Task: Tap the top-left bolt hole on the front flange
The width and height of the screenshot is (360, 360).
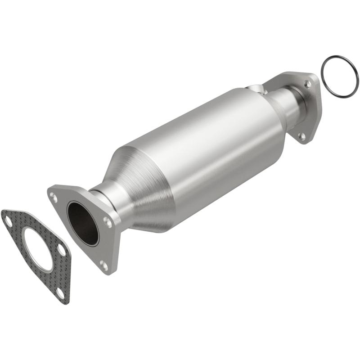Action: pyautogui.click(x=54, y=196)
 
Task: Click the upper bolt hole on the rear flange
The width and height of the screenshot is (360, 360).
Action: pyautogui.click(x=308, y=84)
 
